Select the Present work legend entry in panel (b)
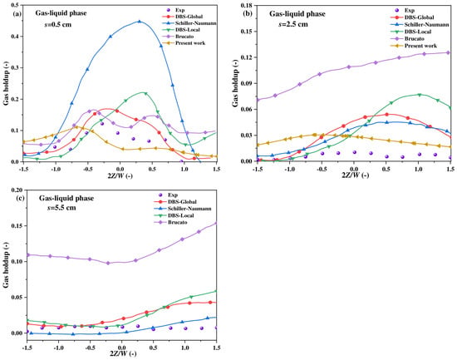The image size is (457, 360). click(x=413, y=46)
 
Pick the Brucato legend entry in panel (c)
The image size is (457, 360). click(x=170, y=222)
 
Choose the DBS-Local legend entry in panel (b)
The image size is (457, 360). click(x=410, y=32)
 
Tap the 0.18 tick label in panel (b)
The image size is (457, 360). click(x=247, y=5)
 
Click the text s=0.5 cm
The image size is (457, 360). click(x=57, y=24)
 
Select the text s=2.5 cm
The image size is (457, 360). click(x=293, y=24)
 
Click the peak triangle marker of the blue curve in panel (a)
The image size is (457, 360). click(x=140, y=22)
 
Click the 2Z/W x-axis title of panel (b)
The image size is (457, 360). click(x=355, y=175)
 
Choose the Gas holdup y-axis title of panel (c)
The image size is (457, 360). click(x=7, y=265)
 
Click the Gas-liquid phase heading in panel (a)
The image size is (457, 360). click(x=61, y=13)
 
